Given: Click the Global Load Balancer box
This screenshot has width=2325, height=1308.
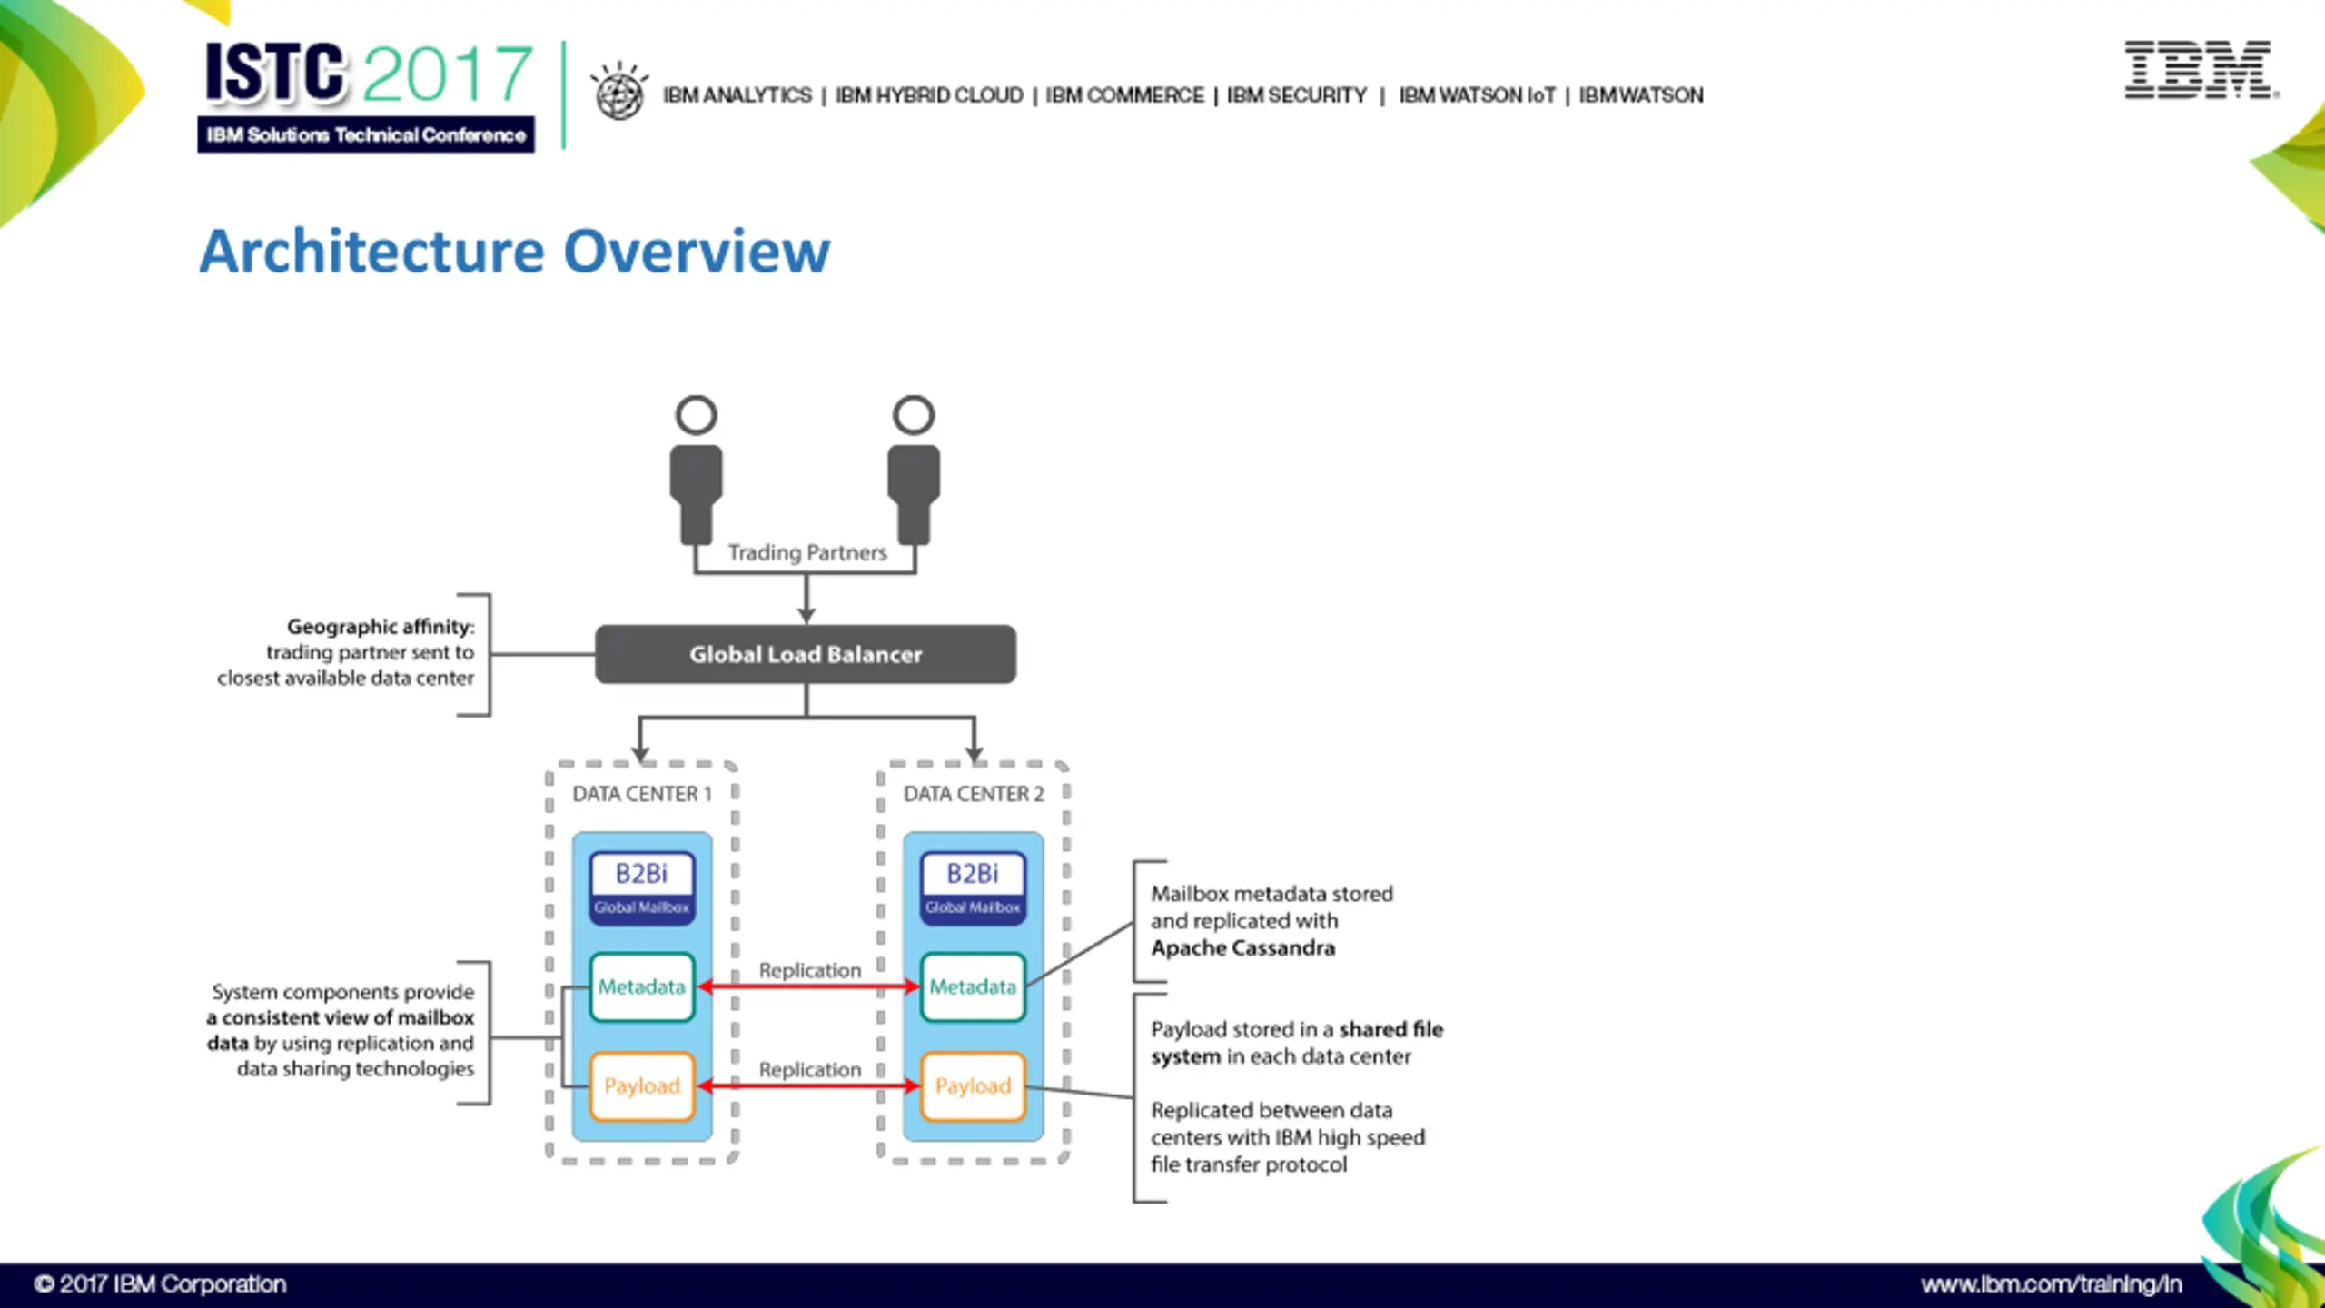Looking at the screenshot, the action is tap(806, 654).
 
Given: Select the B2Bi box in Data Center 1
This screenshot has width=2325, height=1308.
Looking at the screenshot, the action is tap(642, 888).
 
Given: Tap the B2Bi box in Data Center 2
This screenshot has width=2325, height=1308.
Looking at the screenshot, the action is tap(973, 888).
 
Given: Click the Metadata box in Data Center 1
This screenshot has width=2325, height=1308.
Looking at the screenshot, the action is tap(642, 986).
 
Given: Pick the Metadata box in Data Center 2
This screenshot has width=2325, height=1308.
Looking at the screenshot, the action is tap(973, 986).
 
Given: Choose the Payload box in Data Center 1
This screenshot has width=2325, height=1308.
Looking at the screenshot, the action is tap(642, 1085).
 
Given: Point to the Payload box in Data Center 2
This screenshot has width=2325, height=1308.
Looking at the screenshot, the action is tap(973, 1085).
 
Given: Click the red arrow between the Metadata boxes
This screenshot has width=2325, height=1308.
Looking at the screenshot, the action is tap(808, 986).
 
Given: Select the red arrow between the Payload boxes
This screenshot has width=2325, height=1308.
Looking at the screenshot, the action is tap(808, 1085).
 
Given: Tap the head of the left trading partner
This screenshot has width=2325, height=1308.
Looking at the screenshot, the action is tap(697, 415).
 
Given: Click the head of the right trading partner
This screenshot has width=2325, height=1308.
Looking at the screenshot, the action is tap(914, 415).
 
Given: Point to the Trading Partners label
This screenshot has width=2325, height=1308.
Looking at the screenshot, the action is tap(807, 552).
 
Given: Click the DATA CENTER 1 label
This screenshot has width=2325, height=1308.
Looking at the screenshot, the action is tap(642, 794).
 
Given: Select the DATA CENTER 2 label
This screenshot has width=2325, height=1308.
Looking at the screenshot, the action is tap(974, 794).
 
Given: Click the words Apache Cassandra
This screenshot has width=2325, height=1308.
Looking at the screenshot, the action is tap(1243, 948).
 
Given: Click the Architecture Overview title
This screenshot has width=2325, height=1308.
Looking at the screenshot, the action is tap(515, 251).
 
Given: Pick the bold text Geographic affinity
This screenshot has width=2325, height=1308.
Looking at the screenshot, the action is tap(381, 627).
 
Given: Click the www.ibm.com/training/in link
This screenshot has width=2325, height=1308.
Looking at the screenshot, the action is tap(2051, 1284).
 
